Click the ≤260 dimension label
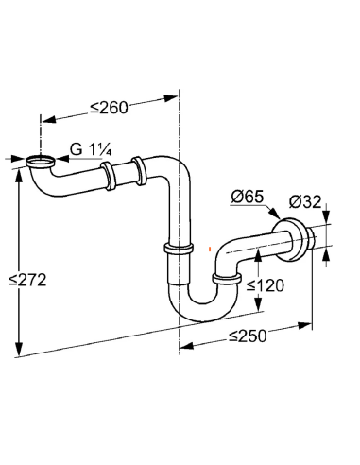(109, 107)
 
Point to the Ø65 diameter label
(248, 198)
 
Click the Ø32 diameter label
(307, 200)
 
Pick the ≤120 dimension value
(266, 284)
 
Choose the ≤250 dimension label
(245, 336)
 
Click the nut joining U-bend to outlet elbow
(225, 277)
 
